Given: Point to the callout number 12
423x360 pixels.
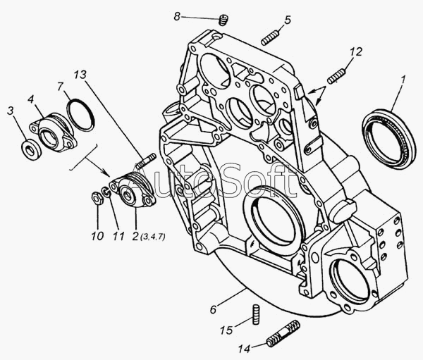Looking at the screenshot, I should coord(357,51).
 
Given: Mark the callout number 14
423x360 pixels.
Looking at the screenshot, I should coord(244,348).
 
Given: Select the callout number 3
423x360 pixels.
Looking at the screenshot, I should coord(10,109).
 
